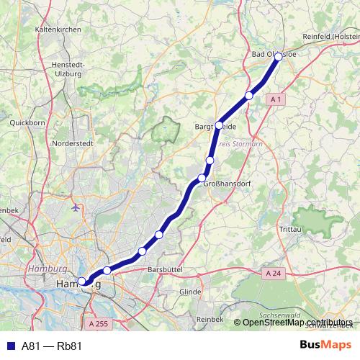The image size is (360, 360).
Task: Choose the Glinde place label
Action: (190, 292)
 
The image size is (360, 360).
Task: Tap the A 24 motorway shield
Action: (272, 274)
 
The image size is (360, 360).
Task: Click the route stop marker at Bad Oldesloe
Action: (279, 57)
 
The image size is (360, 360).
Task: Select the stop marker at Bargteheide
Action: (219, 125)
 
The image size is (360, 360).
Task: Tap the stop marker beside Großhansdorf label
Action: (202, 178)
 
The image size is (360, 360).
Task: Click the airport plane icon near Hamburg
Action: (76, 207)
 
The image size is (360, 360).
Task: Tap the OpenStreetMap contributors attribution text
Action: (297, 322)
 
